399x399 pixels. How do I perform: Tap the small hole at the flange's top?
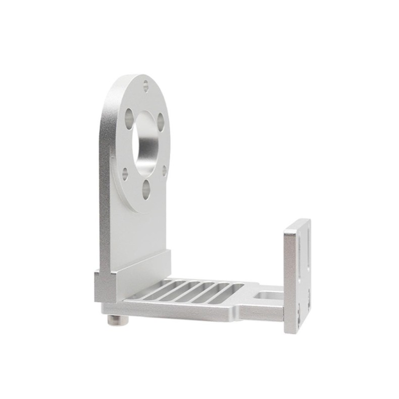click(146, 84)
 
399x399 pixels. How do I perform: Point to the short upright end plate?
click(297, 275)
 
